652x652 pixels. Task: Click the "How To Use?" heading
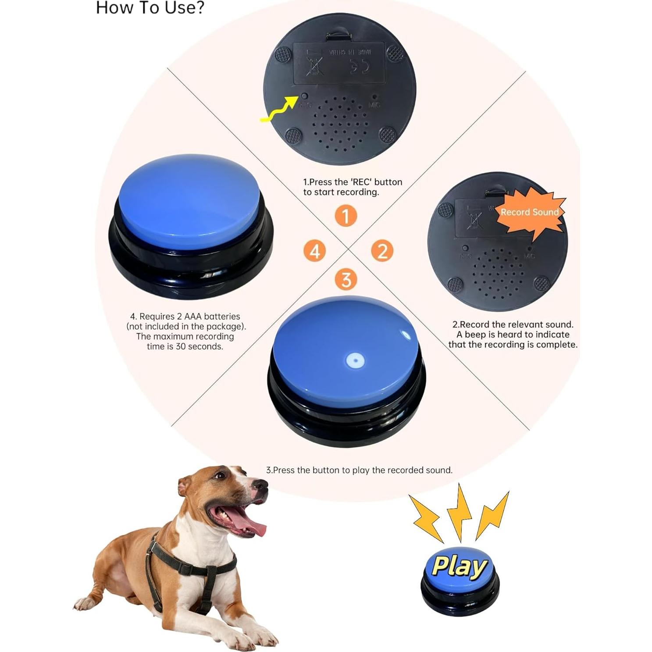(150, 8)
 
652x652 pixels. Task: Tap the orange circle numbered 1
(346, 216)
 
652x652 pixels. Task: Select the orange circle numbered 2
(382, 251)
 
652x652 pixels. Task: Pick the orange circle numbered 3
(346, 280)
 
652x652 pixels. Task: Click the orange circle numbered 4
(314, 251)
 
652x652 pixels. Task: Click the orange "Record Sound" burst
(530, 213)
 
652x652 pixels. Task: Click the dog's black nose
(261, 485)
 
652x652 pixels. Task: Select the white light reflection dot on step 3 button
(355, 361)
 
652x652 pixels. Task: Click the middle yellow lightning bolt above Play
(459, 511)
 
